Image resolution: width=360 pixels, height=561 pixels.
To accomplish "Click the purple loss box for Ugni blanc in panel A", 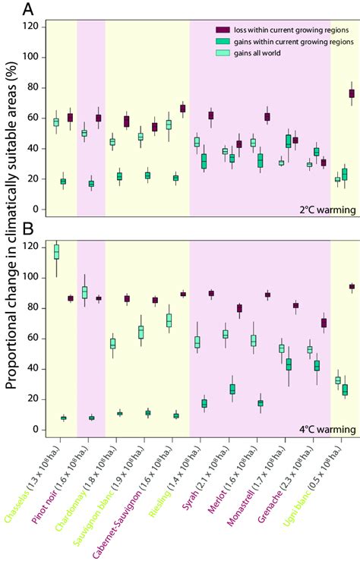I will pyautogui.click(x=352, y=93).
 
